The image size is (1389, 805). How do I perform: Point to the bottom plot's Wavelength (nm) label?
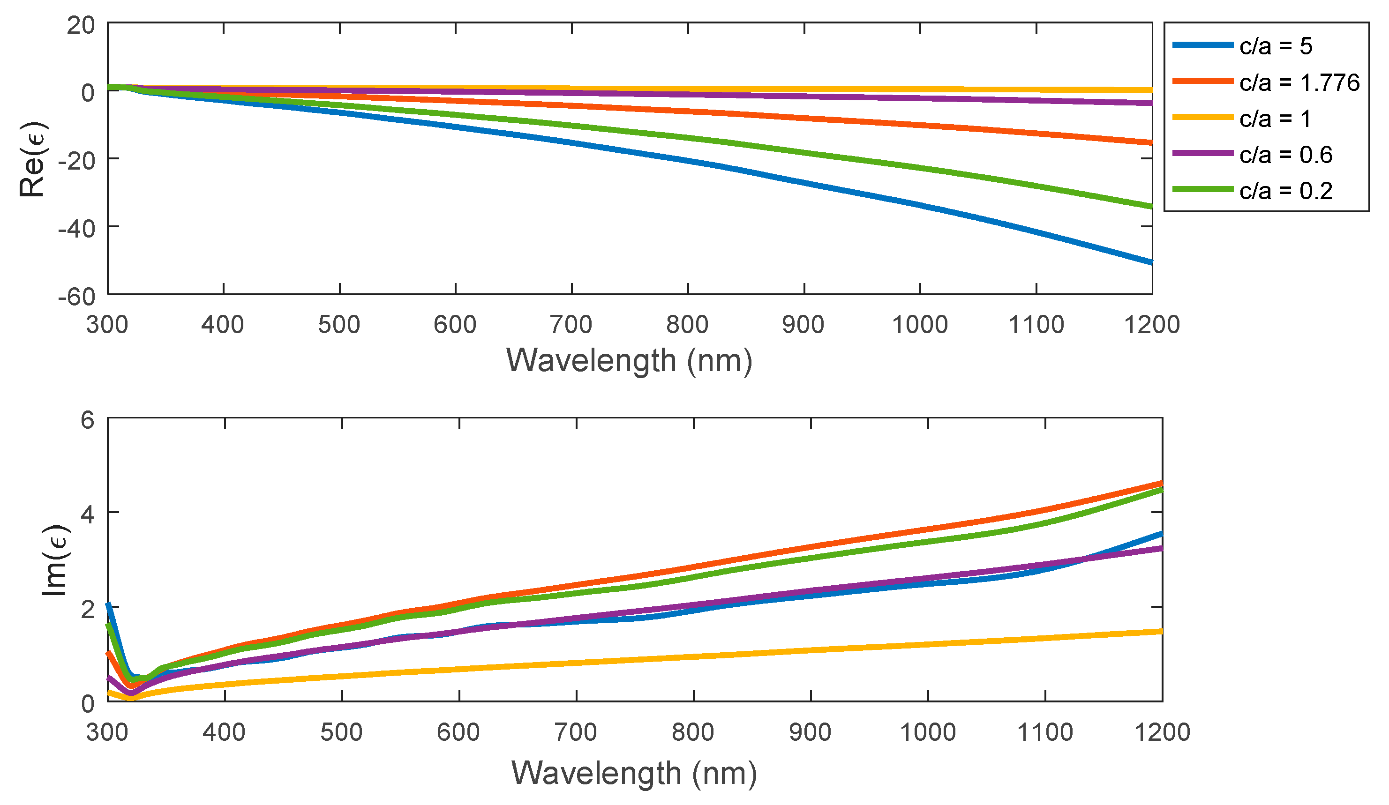(x=634, y=773)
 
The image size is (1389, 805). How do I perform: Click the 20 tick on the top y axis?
(x=81, y=25)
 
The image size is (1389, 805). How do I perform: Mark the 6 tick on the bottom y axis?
(x=88, y=420)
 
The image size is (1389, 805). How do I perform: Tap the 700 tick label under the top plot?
(x=571, y=325)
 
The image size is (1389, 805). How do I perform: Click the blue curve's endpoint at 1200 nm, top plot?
(x=1151, y=262)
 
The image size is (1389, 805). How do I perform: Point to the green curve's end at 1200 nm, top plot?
(x=1151, y=207)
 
